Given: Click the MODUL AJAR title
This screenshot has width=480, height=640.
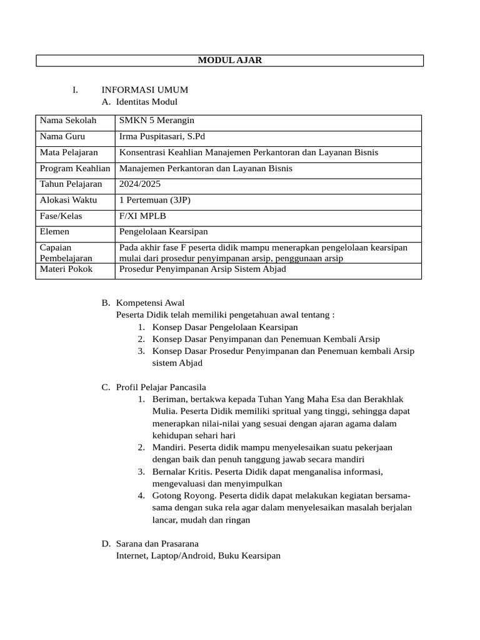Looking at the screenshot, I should tap(229, 61).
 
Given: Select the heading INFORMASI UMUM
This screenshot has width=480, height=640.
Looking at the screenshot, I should tap(144, 90).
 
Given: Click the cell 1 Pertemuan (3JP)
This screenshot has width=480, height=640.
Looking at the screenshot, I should tap(154, 200).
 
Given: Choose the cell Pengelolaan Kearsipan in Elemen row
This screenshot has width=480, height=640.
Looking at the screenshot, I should tap(163, 232).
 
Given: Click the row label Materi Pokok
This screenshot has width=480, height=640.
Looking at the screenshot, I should tap(66, 269).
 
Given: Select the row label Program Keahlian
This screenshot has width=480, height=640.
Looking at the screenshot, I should tap(75, 168).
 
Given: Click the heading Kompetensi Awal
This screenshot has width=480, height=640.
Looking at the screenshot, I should tap(150, 303).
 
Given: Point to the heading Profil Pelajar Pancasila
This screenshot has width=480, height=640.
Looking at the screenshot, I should tap(161, 387).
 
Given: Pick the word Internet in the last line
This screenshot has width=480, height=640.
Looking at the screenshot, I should tap(132, 556).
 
